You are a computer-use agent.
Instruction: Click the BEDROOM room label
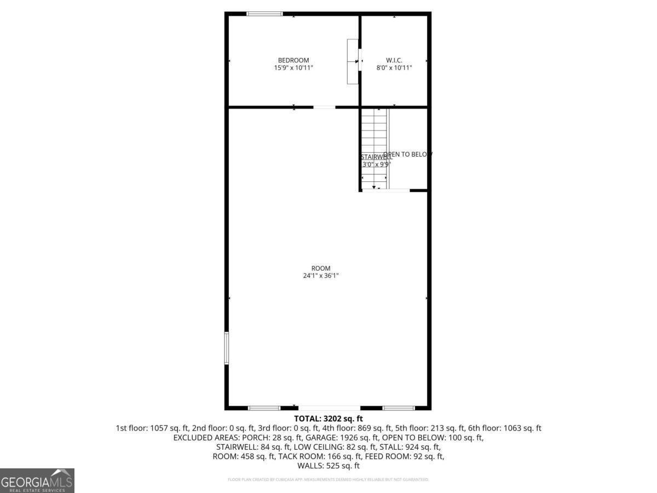(293, 60)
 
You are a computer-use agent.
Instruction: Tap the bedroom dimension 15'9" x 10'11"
(293, 68)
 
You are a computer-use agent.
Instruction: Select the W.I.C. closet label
(394, 60)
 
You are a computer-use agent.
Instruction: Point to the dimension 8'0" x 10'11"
(394, 68)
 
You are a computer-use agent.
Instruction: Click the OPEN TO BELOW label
(408, 154)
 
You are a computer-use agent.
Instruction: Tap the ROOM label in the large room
(321, 268)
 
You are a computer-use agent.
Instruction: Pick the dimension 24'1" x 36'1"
(321, 276)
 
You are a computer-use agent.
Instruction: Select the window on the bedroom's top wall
(264, 14)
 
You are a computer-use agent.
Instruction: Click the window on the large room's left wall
(226, 348)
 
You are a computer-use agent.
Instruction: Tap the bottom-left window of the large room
(264, 408)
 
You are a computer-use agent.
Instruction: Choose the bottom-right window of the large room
(399, 408)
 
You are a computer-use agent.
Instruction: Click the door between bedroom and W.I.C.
(360, 60)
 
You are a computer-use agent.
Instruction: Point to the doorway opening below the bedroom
(324, 107)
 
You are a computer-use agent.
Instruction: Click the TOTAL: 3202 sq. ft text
(328, 419)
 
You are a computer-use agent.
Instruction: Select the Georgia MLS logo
(37, 480)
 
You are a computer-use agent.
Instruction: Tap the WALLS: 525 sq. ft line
(328, 466)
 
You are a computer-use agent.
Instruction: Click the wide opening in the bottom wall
(329, 408)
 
